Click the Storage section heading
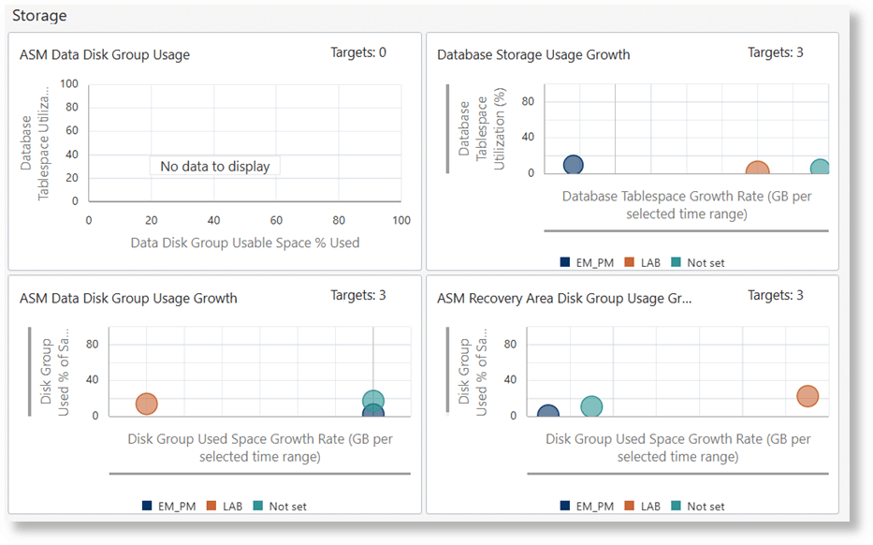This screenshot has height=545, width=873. [x=39, y=16]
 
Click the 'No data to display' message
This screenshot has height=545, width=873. [x=214, y=166]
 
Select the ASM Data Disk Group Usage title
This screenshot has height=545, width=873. [x=105, y=54]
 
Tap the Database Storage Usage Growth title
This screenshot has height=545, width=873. [x=533, y=54]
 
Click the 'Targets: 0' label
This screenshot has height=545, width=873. [x=358, y=52]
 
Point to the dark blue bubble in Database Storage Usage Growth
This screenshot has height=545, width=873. [x=574, y=165]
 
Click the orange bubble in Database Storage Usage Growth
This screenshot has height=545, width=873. [x=757, y=171]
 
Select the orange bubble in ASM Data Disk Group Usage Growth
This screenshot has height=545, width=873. [x=146, y=404]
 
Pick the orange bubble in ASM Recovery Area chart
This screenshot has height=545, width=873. [x=808, y=396]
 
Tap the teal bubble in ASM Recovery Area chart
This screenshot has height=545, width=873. [x=591, y=406]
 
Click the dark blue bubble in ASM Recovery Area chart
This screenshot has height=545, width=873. [x=548, y=413]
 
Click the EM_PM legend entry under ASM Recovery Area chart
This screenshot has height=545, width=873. [x=587, y=507]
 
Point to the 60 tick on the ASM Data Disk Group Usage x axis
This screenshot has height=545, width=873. [x=276, y=220]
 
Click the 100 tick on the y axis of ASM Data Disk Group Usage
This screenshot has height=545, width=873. [x=68, y=83]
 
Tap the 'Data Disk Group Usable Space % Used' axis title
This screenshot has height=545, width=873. [x=245, y=243]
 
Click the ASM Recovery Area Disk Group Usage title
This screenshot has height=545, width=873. [x=564, y=298]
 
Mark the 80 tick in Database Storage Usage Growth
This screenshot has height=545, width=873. [x=527, y=101]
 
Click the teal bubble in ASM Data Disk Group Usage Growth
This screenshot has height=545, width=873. [x=373, y=401]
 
